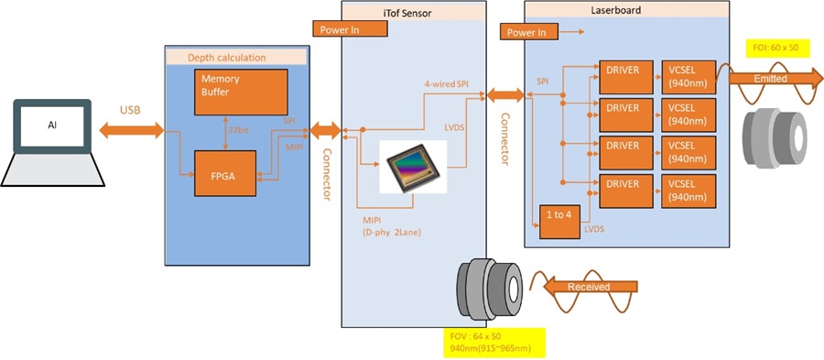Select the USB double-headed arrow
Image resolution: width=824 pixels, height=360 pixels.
click(129, 129)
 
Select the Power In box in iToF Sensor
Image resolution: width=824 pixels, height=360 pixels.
click(351, 28)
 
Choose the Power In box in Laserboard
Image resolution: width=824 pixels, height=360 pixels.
click(527, 32)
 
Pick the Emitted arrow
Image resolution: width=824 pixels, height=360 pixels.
click(763, 79)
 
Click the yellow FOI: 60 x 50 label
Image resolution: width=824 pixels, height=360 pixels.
click(776, 48)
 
